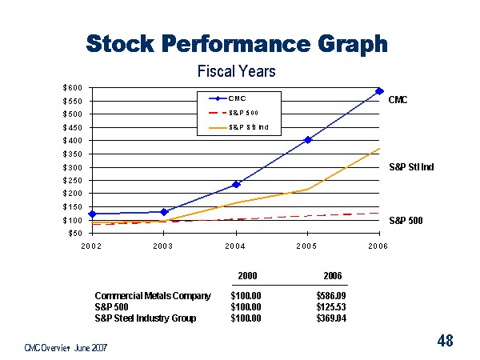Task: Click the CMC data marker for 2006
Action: click(x=379, y=91)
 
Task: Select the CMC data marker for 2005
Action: click(x=308, y=139)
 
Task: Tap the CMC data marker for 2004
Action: click(x=236, y=184)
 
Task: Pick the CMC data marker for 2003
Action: click(x=164, y=212)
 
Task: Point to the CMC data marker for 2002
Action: click(x=93, y=214)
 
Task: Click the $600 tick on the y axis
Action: click(x=72, y=87)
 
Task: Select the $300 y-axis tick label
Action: click(x=72, y=167)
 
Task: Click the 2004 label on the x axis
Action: click(x=235, y=246)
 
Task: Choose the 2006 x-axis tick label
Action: click(x=378, y=246)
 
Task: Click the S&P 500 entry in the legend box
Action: click(x=242, y=112)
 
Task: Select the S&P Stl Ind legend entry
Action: click(x=247, y=126)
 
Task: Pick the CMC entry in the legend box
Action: click(x=237, y=98)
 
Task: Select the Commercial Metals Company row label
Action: click(x=152, y=295)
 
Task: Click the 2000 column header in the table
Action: click(x=248, y=276)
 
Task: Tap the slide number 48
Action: click(x=445, y=342)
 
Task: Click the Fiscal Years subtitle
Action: click(x=236, y=71)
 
